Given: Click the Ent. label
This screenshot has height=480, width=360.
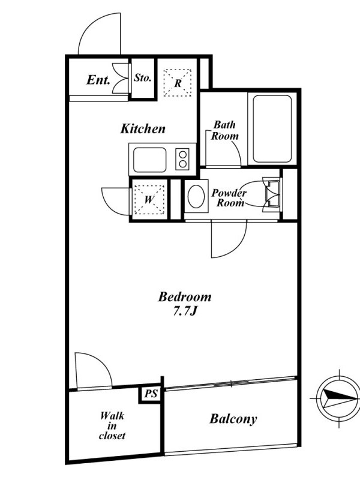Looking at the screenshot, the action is point(98,80).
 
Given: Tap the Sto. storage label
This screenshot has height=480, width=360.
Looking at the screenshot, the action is point(143,77).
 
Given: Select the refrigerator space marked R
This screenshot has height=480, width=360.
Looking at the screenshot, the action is point(178,83).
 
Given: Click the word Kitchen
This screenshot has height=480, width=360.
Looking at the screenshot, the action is point(143,128).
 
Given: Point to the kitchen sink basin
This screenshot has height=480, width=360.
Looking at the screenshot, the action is point(150,160).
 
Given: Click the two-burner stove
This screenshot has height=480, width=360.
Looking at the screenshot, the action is point(183,159).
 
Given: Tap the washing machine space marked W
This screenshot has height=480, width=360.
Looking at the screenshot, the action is point(149,200).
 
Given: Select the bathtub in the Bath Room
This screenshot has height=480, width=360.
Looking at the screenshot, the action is point(272,129).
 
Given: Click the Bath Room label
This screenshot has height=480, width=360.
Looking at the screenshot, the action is point(224,130).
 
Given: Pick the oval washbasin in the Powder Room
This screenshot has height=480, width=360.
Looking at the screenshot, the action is point(196,196).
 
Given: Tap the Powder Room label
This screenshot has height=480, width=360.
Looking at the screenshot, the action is point(229,198).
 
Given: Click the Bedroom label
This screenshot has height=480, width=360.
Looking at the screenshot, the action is point(185,296).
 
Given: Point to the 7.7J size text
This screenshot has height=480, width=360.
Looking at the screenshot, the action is point(185,311).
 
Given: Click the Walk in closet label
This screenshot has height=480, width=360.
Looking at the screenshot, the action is point(112,426).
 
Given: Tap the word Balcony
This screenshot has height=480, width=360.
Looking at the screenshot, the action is point(233,419).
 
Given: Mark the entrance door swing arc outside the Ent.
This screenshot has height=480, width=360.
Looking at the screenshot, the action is point(89,25).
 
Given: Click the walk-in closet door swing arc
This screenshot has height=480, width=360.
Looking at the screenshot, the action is point(101,362).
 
